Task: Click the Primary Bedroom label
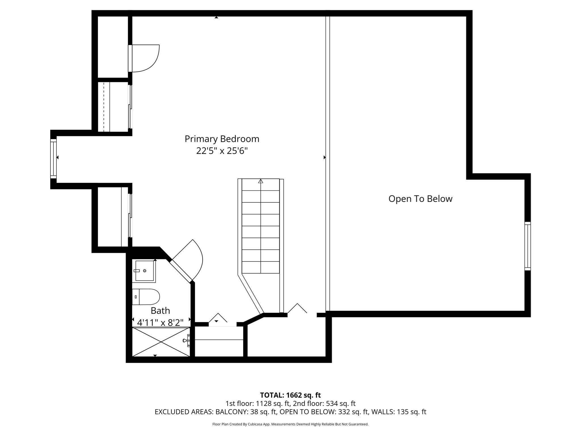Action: tap(222, 139)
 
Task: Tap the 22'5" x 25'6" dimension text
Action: tap(222, 151)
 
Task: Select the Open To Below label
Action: tap(420, 199)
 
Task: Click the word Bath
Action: tap(160, 311)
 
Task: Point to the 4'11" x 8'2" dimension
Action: tap(160, 323)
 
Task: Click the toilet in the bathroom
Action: tap(146, 297)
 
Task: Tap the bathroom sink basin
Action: tap(144, 271)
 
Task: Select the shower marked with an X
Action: tap(161, 342)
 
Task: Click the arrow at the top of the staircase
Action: tap(261, 181)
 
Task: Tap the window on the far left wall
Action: tap(53, 159)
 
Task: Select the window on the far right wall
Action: tap(527, 246)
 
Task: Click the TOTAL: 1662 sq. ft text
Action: tap(290, 395)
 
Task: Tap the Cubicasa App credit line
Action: tap(290, 424)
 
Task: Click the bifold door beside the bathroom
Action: tap(218, 318)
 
